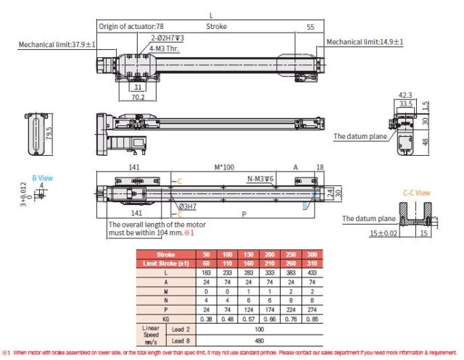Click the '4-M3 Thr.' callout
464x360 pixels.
[165, 48]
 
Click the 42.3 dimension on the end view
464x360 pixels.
[406, 94]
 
